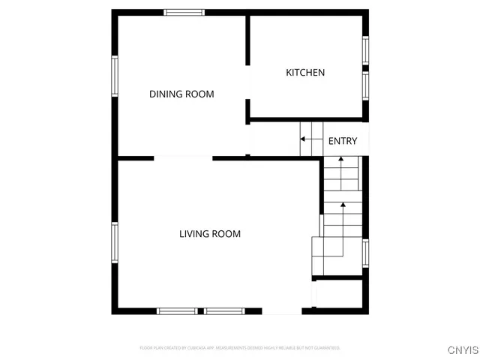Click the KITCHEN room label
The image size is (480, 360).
(x=305, y=73)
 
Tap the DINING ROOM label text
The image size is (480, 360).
(x=181, y=94)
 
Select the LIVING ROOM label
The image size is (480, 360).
(x=210, y=234)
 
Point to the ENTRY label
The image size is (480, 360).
(x=343, y=141)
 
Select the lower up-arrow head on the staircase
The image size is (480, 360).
(x=343, y=204)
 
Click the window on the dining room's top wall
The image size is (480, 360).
(x=184, y=12)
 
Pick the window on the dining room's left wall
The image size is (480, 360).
(x=115, y=76)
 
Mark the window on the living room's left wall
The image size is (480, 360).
(x=115, y=243)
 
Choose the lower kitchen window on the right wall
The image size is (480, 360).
(x=366, y=85)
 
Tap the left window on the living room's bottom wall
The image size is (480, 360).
(x=177, y=310)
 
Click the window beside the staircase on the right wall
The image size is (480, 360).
(x=366, y=251)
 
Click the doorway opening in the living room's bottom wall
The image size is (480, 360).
(x=282, y=310)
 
